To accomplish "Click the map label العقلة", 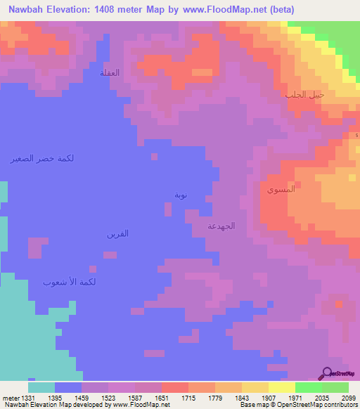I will point(110,73).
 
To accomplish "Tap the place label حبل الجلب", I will point(304,94).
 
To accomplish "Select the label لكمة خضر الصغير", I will point(42,158).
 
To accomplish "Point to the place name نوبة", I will point(181,195).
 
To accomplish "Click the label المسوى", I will point(281,190).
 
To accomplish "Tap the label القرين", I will point(117,233).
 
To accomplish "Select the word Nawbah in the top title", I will point(28,9).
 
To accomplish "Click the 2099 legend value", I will point(348,397).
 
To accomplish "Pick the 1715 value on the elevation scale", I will point(188,397).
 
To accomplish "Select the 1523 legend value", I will point(108,397).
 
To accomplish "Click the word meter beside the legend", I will point(8,397).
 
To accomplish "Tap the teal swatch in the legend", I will point(41,387).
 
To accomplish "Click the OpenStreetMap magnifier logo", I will point(326,373).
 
